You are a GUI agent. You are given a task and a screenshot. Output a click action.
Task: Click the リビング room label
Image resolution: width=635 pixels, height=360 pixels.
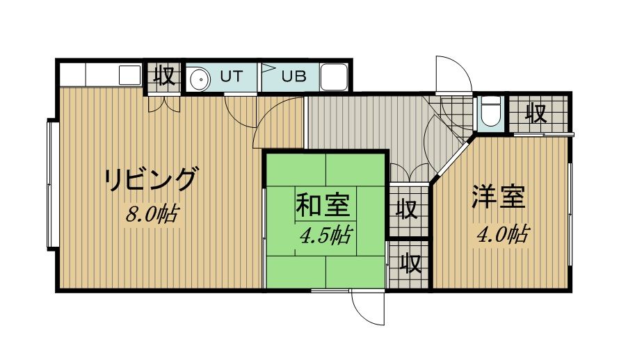click(152, 179)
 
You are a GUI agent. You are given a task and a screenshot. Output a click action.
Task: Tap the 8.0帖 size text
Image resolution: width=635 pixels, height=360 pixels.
click(152, 214)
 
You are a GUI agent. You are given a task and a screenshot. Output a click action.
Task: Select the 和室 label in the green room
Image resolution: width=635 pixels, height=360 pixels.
click(323, 205)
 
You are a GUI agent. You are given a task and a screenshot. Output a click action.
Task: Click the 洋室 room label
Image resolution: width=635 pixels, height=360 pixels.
click(499, 197)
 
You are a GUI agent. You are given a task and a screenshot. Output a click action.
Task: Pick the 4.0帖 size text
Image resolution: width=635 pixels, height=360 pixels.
click(503, 234)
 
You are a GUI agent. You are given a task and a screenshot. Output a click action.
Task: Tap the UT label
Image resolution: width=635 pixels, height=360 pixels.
click(232, 76)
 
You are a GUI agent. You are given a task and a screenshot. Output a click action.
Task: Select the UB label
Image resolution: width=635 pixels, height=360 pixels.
click(294, 76)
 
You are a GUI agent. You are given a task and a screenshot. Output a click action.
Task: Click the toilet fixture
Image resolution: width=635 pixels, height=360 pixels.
click(491, 111)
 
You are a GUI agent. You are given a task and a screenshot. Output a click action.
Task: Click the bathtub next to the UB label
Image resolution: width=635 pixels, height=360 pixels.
click(334, 77)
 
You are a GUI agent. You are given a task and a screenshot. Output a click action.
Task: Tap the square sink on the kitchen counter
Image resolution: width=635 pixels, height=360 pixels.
click(129, 75)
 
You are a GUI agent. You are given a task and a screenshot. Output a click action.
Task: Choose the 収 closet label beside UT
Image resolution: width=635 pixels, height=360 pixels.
click(164, 76)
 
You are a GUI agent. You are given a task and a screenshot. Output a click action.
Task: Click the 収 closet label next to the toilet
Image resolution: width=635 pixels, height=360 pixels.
click(537, 113)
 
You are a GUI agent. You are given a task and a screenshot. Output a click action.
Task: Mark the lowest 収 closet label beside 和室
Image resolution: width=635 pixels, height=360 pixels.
click(410, 264)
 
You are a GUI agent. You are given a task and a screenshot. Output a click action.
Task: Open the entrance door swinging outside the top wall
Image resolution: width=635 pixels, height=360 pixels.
click(453, 75)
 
